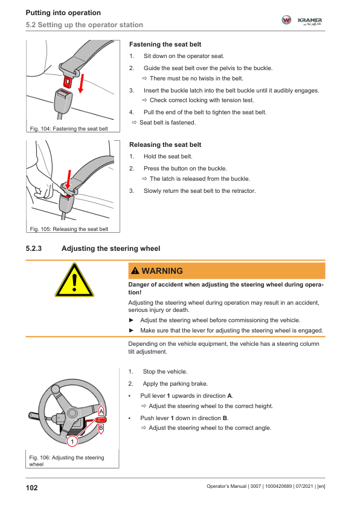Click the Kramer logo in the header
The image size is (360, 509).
[302, 20]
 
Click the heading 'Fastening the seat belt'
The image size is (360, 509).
[165, 45]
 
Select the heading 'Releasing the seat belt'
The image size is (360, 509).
[165, 144]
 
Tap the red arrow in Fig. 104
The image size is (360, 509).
[82, 83]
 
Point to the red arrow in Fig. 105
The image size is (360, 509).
[68, 179]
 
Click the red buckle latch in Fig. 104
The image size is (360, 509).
[68, 82]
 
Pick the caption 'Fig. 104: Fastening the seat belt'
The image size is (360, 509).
[69, 129]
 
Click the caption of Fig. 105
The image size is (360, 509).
[69, 229]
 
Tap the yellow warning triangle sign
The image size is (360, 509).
[74, 280]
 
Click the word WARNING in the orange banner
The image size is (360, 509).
[162, 271]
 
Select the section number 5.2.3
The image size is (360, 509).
[34, 248]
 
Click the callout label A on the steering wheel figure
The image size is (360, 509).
[101, 411]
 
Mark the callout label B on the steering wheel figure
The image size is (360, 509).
[101, 429]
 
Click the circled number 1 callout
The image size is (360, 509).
[72, 441]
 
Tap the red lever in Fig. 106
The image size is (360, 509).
[100, 420]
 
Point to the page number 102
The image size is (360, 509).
[32, 488]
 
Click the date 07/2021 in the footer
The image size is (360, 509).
[304, 486]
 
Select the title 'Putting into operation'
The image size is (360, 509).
[63, 13]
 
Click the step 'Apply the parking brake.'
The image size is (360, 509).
[175, 384]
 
